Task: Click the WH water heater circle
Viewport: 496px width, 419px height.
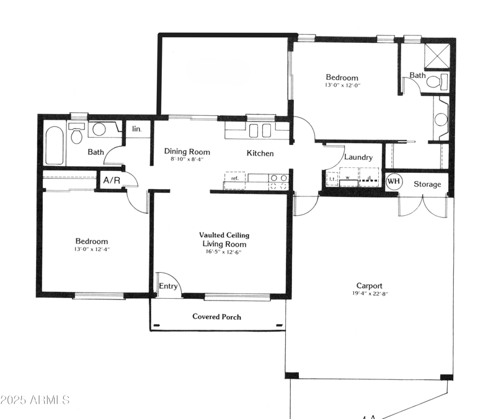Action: [393, 182]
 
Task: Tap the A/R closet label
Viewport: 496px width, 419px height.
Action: [112, 181]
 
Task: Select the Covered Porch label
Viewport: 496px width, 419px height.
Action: [216, 317]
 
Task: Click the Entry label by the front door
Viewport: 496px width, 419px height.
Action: [168, 286]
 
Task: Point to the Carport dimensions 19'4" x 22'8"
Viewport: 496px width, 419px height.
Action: [369, 294]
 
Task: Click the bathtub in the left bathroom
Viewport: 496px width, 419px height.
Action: [55, 146]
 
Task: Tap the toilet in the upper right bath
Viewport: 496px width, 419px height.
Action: [440, 81]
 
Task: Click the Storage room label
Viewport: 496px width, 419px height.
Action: [427, 184]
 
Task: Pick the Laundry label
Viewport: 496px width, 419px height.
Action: [358, 157]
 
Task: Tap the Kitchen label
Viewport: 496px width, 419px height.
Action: [260, 153]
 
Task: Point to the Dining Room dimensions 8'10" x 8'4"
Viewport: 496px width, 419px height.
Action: [187, 160]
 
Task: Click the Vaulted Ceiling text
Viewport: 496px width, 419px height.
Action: [224, 235]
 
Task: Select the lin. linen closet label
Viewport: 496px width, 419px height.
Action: [137, 130]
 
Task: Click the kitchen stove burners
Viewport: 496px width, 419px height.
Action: [278, 181]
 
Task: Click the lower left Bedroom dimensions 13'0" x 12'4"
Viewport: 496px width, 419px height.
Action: [92, 249]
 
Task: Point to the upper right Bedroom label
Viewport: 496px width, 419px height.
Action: [342, 77]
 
